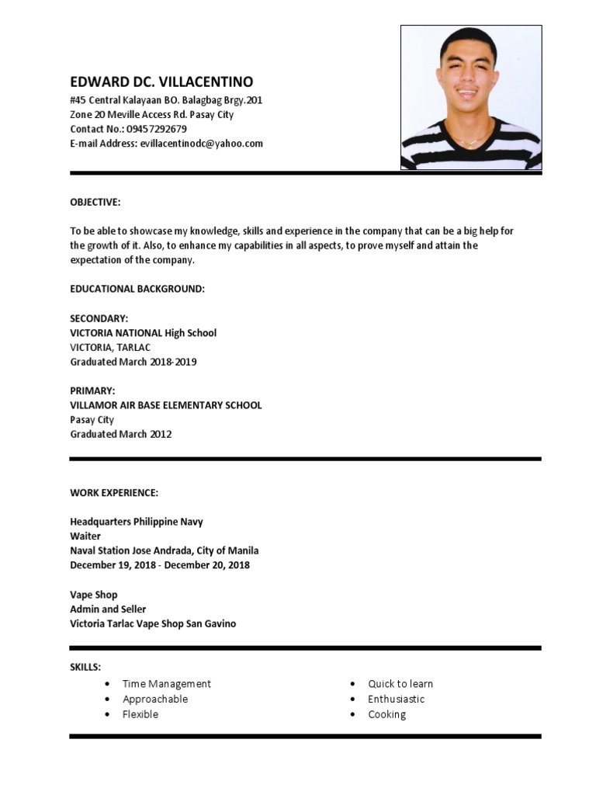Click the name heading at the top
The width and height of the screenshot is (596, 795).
click(161, 82)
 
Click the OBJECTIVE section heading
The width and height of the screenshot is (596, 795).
click(95, 203)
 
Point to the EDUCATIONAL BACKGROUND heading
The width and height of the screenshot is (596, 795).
click(137, 289)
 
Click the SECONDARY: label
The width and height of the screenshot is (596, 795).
click(99, 318)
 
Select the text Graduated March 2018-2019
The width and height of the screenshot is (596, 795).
click(133, 362)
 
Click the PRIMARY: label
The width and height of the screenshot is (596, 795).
click(92, 391)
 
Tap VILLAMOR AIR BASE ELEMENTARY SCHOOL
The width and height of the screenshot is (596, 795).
click(166, 405)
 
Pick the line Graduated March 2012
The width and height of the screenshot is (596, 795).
click(121, 434)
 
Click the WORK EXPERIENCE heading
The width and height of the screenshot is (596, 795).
click(114, 493)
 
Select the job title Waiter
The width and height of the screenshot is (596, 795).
click(85, 536)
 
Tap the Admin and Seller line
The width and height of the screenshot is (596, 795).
click(108, 609)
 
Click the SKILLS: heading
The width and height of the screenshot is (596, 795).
click(85, 667)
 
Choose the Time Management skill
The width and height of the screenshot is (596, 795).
click(166, 684)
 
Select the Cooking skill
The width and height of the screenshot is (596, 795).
click(386, 714)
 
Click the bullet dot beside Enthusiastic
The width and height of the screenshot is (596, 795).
click(352, 700)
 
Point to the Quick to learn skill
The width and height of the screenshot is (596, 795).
click(400, 684)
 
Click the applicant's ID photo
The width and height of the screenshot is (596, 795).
click(470, 98)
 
